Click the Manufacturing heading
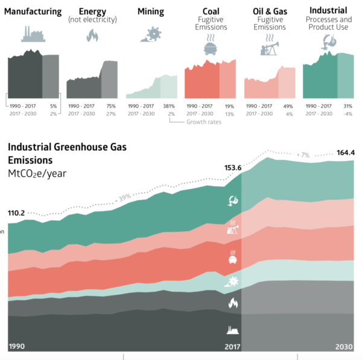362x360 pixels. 34,11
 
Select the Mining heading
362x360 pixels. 151,11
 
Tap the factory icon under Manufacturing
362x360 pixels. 34,34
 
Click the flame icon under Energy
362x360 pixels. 92,37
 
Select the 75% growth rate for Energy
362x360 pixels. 110,106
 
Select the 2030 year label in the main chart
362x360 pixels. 345,346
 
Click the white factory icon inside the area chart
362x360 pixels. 232,330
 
